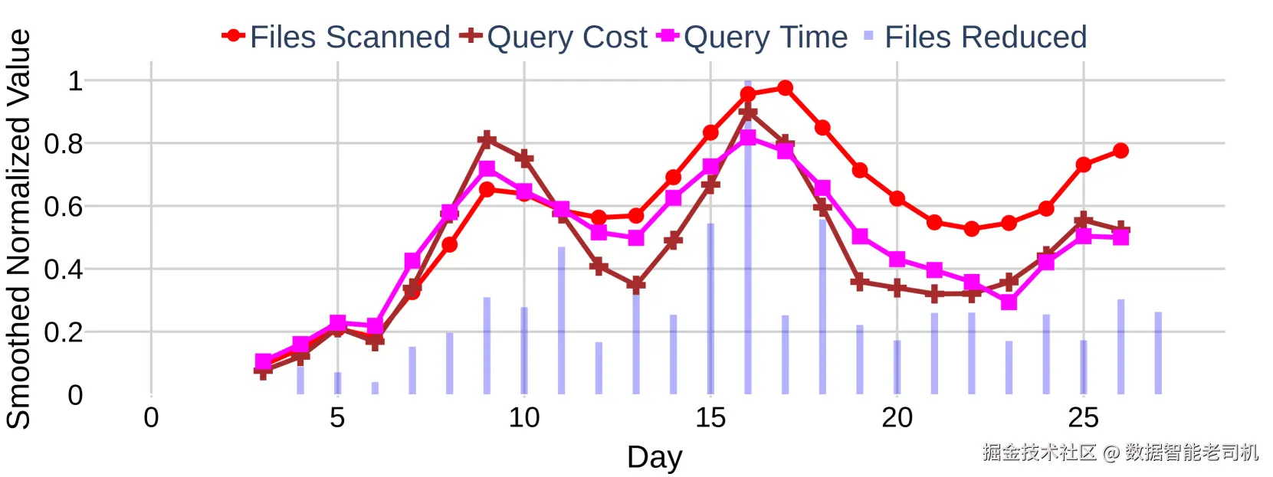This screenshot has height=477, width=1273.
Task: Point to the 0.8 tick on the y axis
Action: pyautogui.click(x=64, y=144)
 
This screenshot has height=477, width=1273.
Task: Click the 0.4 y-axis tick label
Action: pyautogui.click(x=64, y=270)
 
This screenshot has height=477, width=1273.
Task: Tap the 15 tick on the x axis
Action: pyautogui.click(x=710, y=418)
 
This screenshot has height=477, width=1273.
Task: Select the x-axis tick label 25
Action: pyautogui.click(x=1083, y=418)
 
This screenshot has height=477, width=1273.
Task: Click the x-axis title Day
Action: pyautogui.click(x=654, y=457)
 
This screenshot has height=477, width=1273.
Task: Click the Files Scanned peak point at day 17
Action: pyautogui.click(x=785, y=88)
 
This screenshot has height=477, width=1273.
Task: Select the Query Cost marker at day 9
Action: pyautogui.click(x=487, y=139)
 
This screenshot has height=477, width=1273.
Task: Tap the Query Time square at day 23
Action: pyautogui.click(x=1009, y=302)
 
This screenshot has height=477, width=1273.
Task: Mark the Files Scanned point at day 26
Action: pyautogui.click(x=1120, y=151)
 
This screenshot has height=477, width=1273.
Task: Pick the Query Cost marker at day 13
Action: pyautogui.click(x=636, y=284)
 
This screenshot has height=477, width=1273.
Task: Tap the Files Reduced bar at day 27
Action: pyautogui.click(x=1158, y=353)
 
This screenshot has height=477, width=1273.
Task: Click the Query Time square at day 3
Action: pyautogui.click(x=263, y=361)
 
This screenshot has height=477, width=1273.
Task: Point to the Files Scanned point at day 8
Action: pyautogui.click(x=450, y=245)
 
